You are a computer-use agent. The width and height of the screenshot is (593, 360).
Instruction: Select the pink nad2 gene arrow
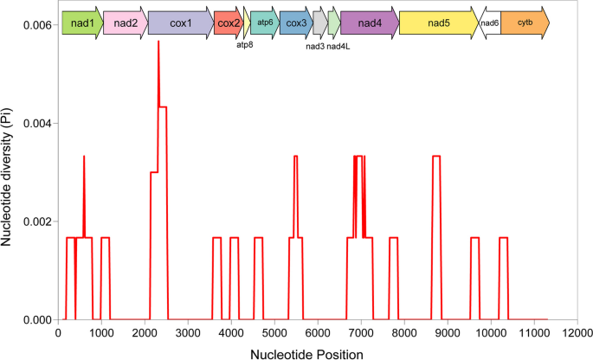[x=125, y=23]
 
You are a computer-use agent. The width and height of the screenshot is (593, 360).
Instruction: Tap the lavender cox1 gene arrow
[x=180, y=23]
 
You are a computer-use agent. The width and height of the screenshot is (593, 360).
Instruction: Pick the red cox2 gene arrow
[x=229, y=23]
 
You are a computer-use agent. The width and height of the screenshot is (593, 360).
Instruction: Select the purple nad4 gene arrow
[x=369, y=23]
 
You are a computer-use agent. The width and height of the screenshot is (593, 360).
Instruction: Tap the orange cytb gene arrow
[x=525, y=23]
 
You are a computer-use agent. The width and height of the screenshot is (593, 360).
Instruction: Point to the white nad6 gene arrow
[x=490, y=23]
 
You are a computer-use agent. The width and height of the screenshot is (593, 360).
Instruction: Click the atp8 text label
[x=245, y=46]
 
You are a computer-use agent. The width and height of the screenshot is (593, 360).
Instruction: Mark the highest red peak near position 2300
[x=158, y=42]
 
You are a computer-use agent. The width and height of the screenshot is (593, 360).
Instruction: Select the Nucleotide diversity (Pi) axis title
[x=8, y=173]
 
